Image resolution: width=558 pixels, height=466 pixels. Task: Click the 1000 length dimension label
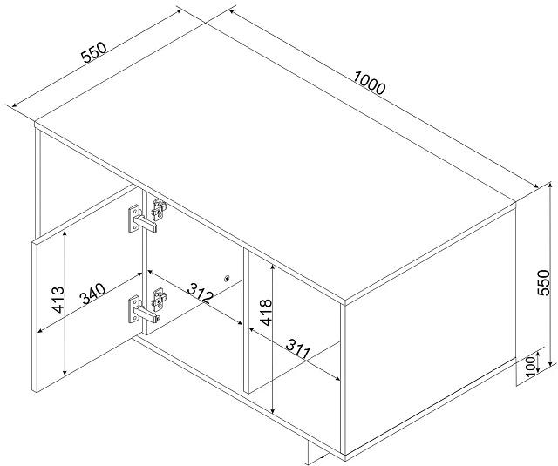[x=370, y=83]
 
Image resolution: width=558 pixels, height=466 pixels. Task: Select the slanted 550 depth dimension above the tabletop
[x=94, y=52]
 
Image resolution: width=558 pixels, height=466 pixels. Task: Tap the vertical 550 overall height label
[x=543, y=282]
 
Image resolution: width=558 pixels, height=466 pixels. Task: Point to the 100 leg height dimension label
[x=531, y=366]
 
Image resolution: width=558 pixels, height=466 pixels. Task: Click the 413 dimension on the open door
[x=58, y=300]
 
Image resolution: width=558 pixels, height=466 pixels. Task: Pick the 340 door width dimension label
[x=92, y=294]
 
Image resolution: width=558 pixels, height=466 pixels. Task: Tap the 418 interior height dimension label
[x=266, y=313]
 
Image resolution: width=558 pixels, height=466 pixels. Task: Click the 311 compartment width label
[x=298, y=349]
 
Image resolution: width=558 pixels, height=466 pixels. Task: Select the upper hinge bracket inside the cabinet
[x=159, y=208]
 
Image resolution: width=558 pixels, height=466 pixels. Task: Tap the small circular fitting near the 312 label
[x=227, y=279]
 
